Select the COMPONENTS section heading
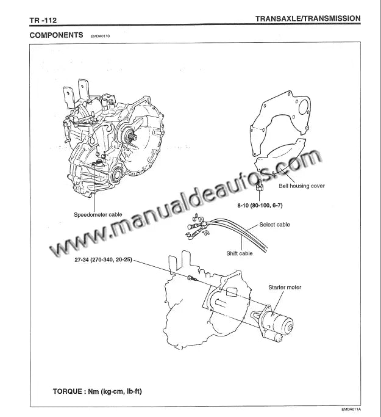tap(57, 35)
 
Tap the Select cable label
tap(274, 225)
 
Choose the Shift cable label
tap(240, 253)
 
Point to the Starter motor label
tap(285, 287)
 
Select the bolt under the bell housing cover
tap(260, 184)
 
